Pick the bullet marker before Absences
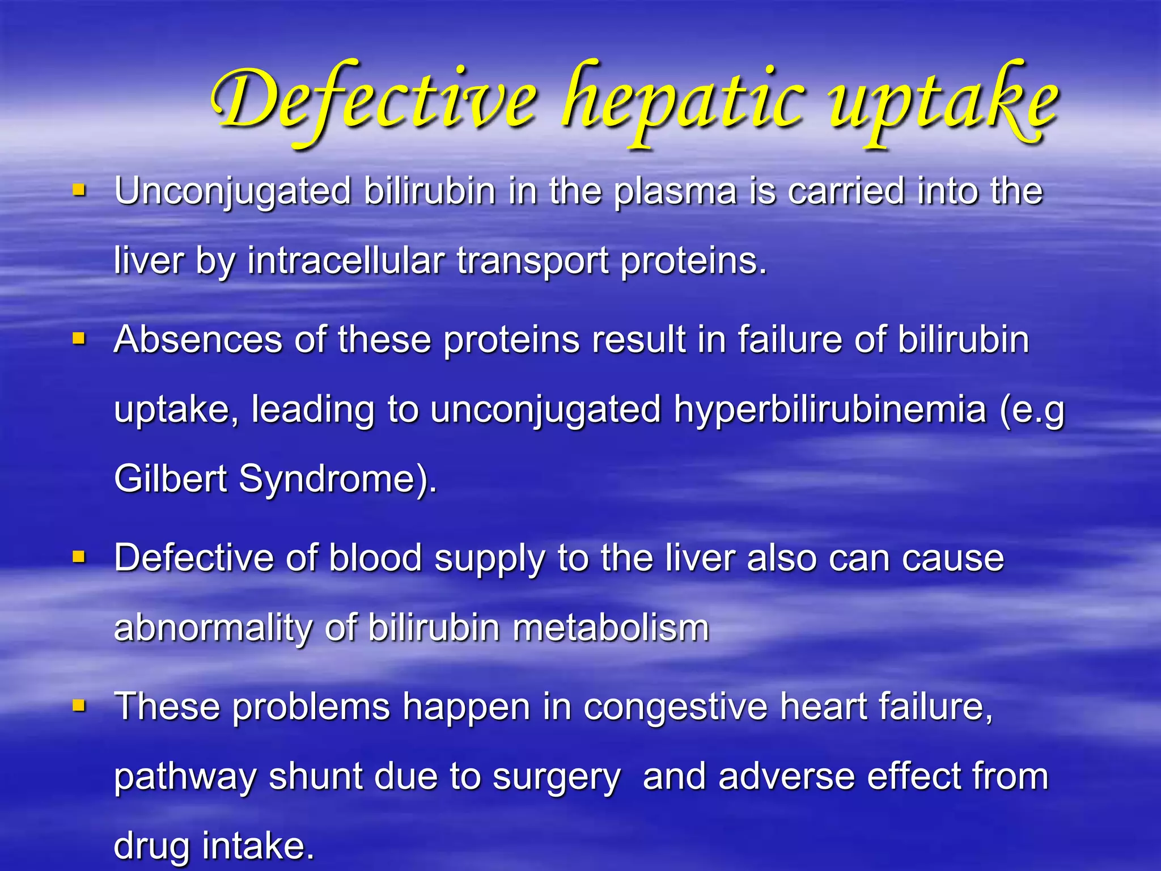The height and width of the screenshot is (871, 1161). (79, 339)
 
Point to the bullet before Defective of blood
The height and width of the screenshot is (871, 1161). (79, 557)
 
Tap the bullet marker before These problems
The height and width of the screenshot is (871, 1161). (79, 706)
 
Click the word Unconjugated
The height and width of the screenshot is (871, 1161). (232, 192)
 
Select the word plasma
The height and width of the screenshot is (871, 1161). (675, 192)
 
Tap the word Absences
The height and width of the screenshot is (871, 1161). (198, 340)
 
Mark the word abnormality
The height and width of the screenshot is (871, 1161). (213, 628)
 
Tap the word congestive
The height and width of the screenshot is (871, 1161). (675, 708)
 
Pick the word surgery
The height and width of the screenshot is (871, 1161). (557, 778)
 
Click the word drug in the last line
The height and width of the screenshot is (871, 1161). (151, 846)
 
